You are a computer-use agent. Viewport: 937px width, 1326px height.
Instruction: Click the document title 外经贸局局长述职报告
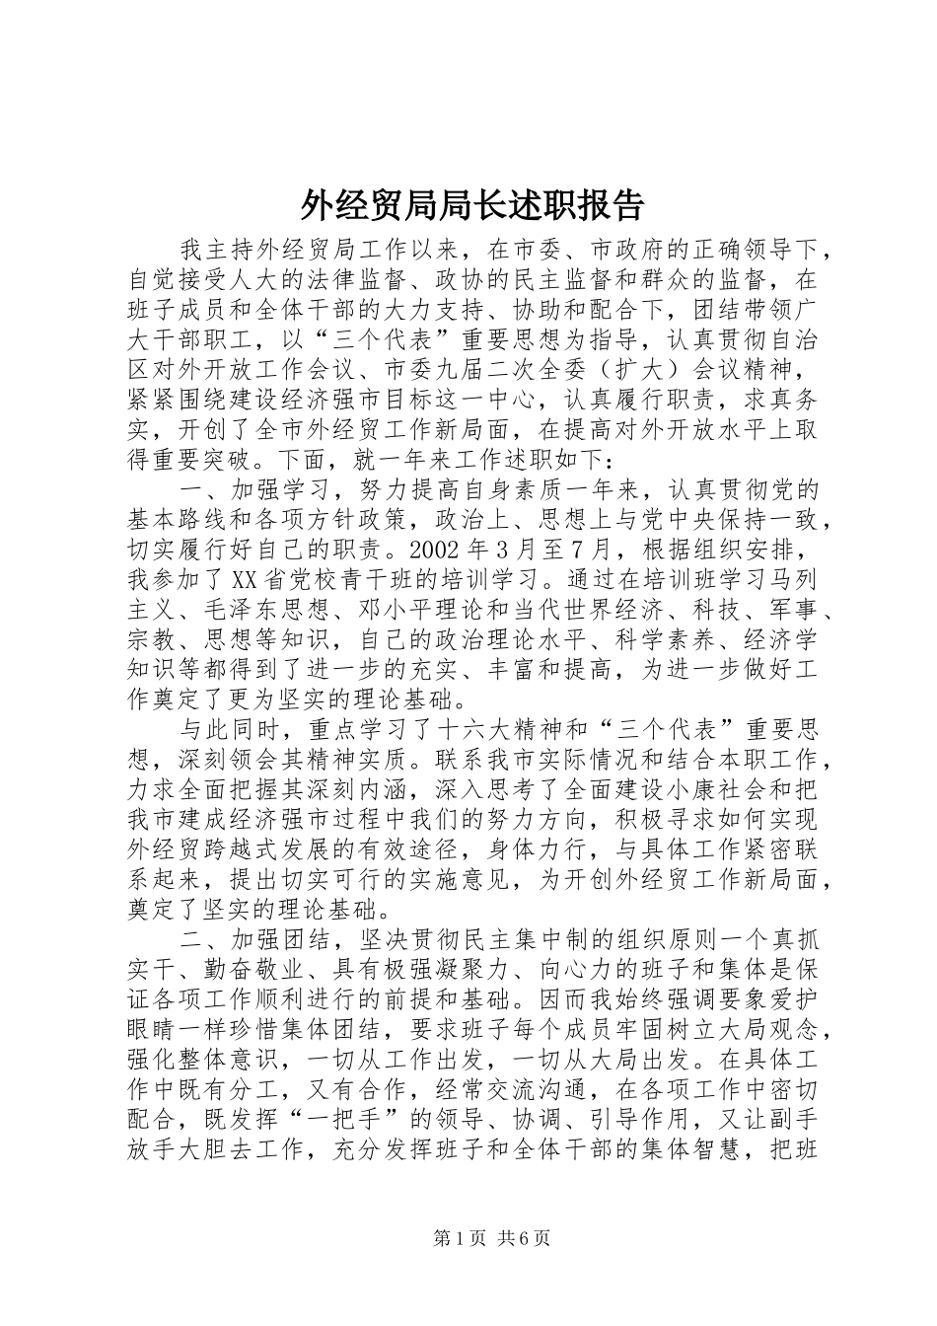tap(470, 205)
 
